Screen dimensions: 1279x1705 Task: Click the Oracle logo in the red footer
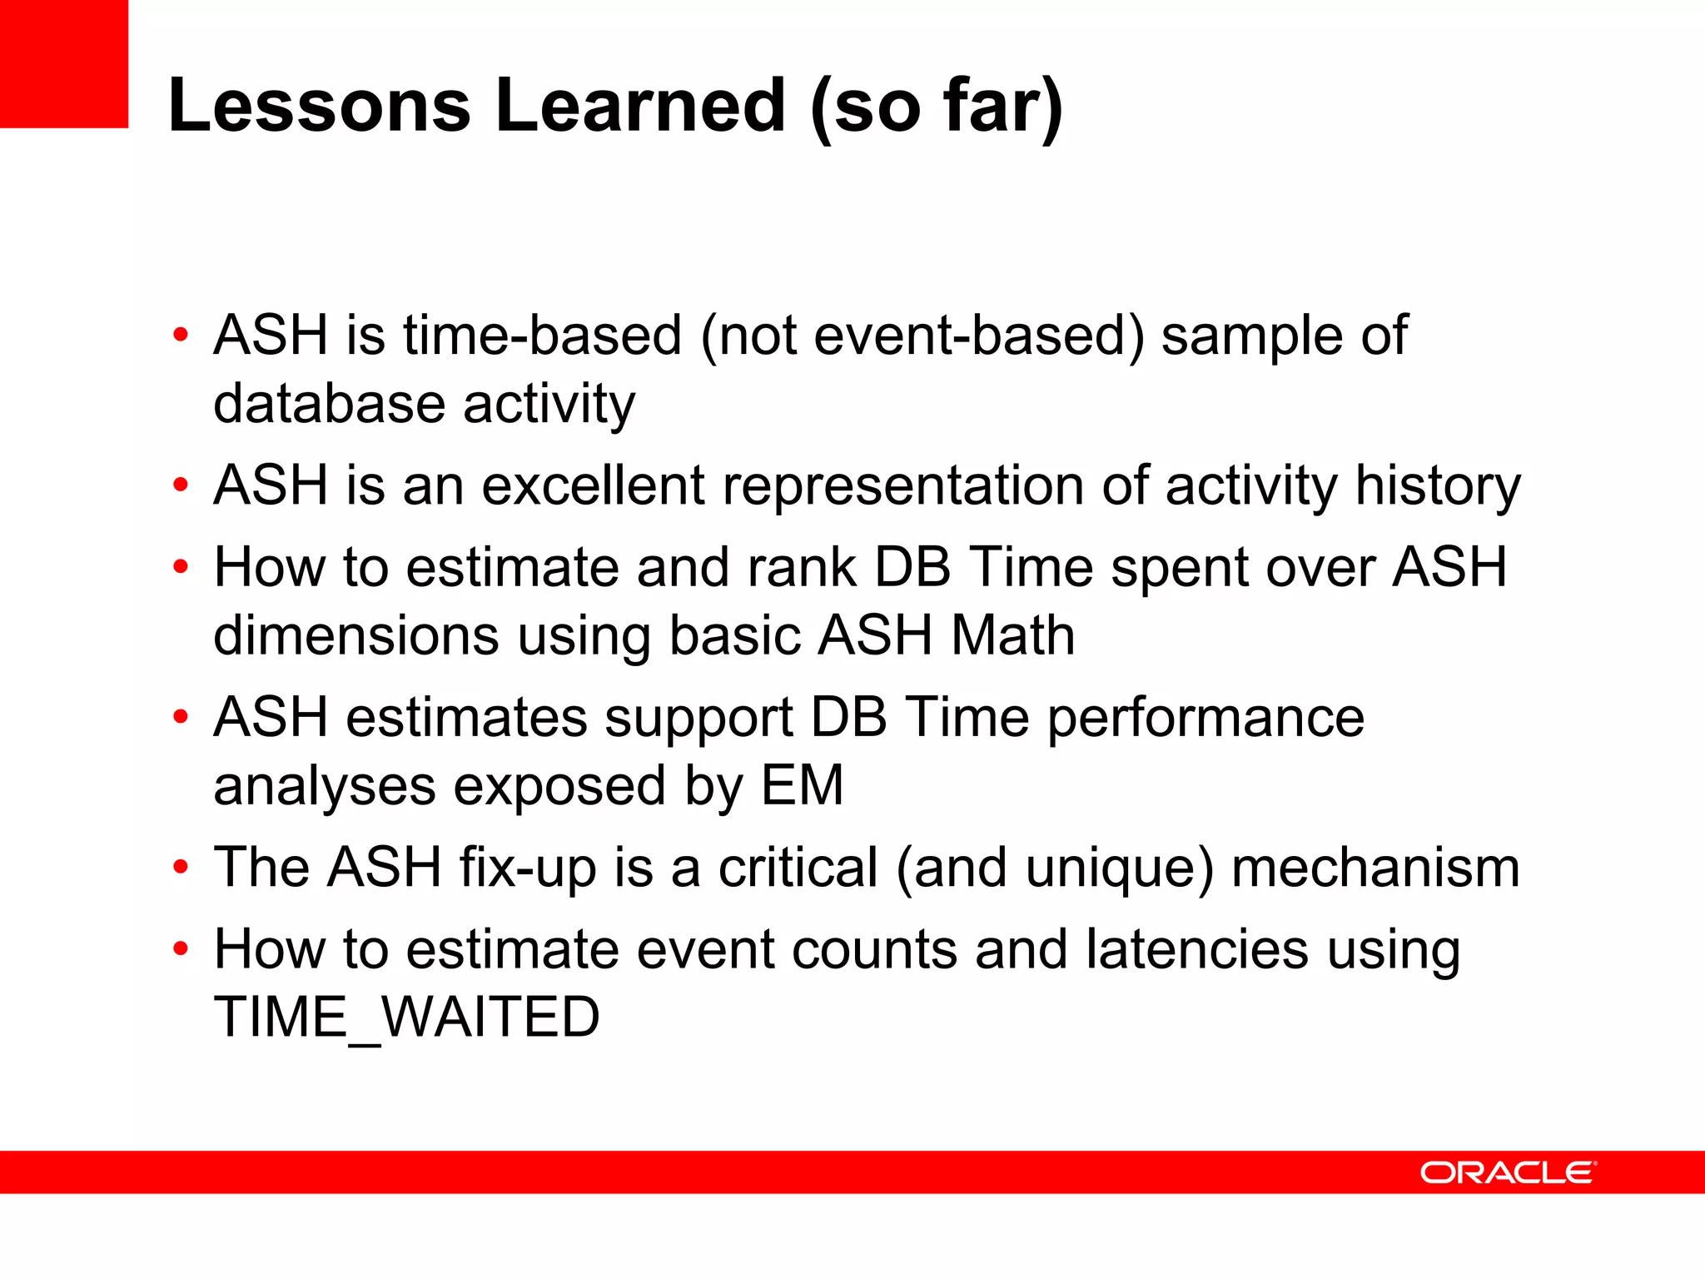point(1508,1172)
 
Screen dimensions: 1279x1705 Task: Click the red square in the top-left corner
point(64,63)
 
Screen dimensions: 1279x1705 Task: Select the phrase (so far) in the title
point(936,107)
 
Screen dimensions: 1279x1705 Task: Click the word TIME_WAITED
point(406,1018)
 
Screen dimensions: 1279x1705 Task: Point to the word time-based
point(543,336)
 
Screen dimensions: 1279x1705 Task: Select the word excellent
point(593,485)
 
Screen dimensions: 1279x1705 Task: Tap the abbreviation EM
point(803,785)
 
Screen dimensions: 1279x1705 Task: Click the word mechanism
point(1375,868)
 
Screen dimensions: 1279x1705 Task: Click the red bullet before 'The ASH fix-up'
point(181,868)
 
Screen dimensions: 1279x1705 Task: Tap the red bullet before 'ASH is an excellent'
point(181,485)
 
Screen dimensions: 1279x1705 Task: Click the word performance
point(1205,718)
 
